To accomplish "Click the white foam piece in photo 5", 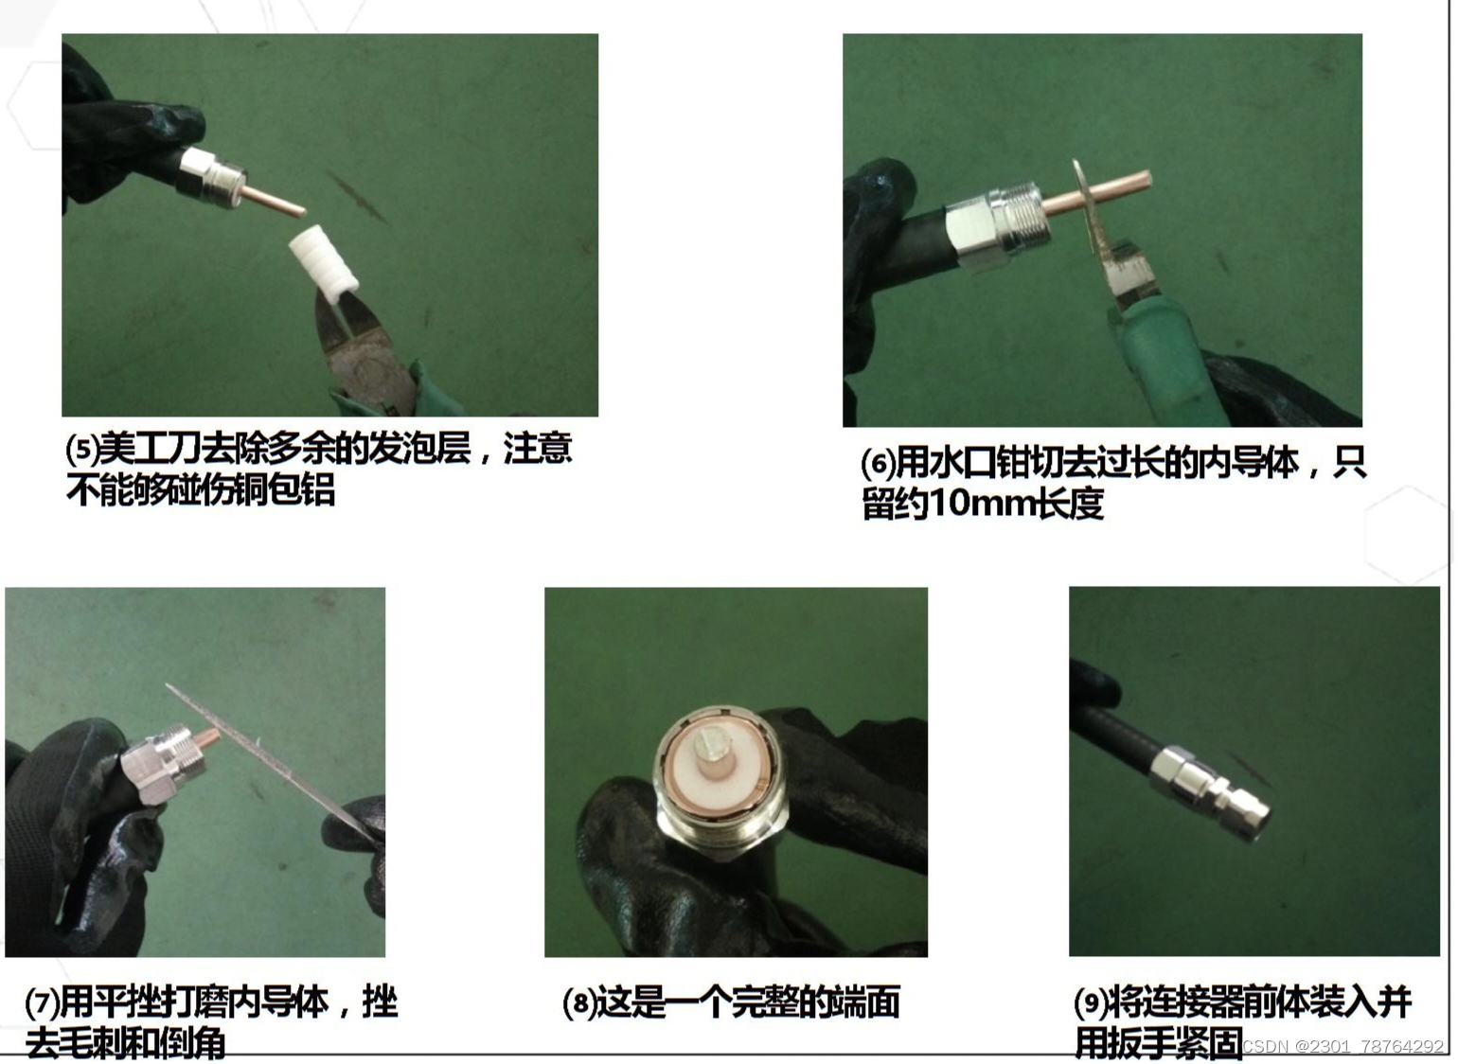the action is pos(324,261).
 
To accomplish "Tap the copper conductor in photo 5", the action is pos(274,201).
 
